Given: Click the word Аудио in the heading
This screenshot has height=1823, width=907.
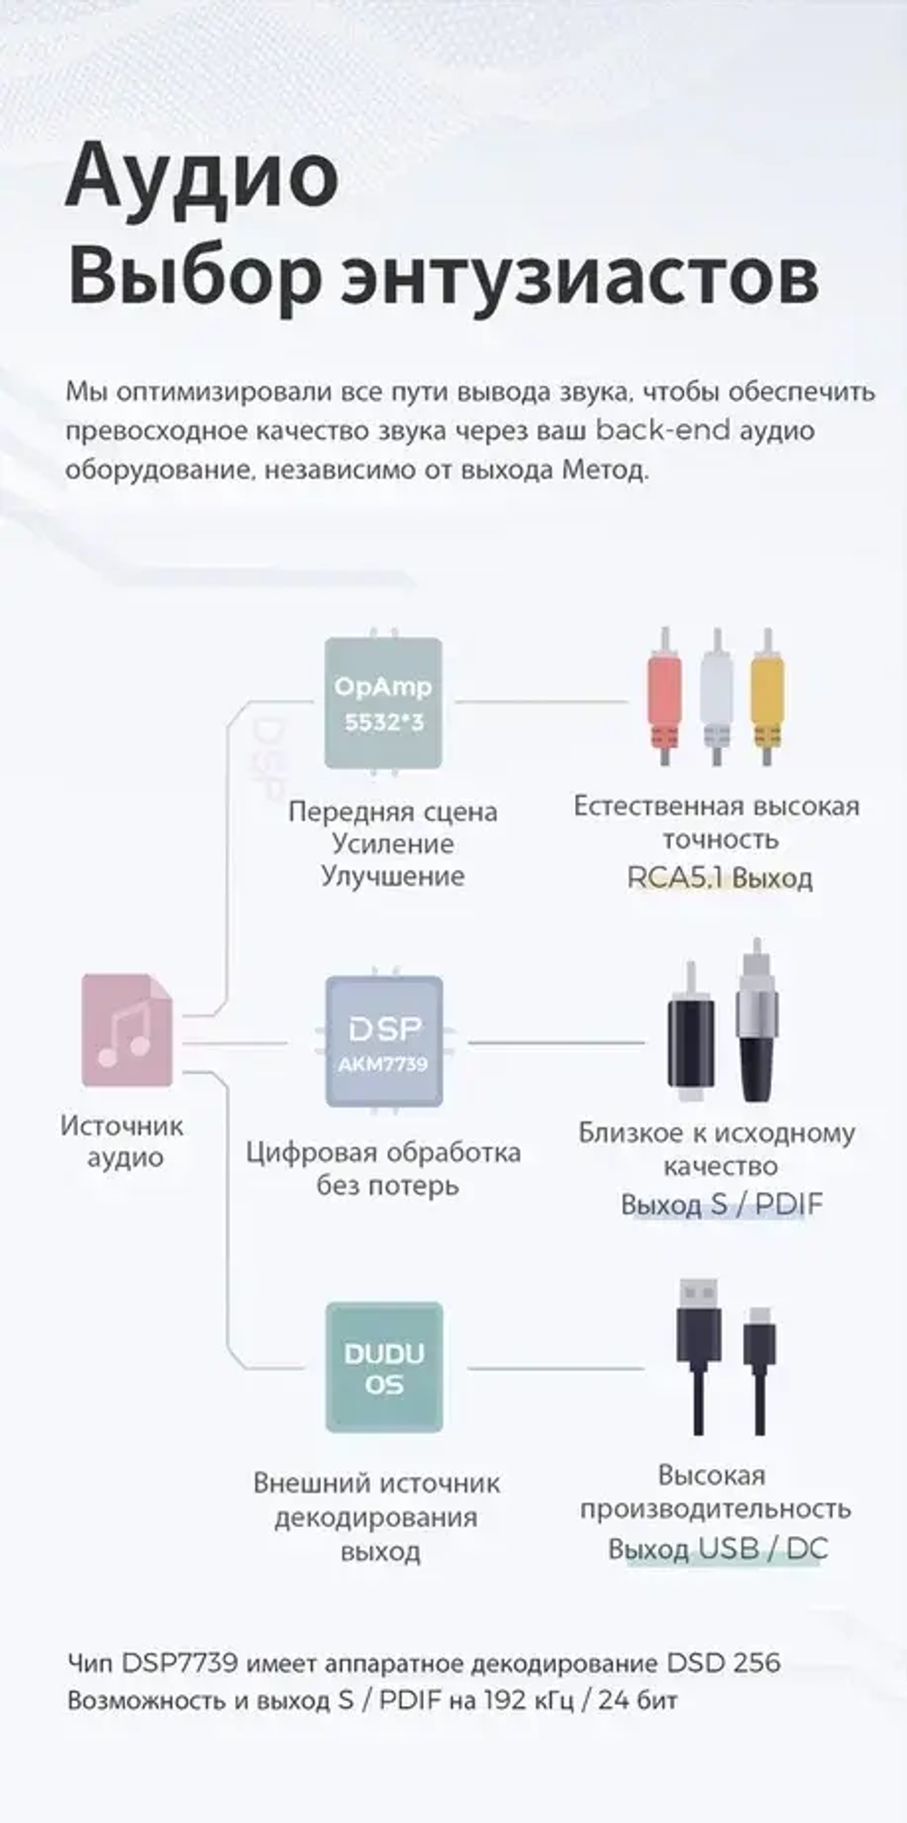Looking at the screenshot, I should [x=201, y=177].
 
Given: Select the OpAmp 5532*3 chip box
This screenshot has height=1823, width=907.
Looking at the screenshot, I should [x=384, y=703].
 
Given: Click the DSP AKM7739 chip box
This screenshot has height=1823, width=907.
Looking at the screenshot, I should [x=384, y=1042].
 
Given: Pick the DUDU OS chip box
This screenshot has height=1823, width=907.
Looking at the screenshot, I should [x=384, y=1367].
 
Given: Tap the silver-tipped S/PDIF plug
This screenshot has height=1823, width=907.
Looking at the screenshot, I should [x=756, y=1025].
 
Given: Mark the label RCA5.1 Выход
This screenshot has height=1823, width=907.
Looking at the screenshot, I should [x=719, y=878].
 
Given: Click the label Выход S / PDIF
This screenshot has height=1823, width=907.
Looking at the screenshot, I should [x=721, y=1205].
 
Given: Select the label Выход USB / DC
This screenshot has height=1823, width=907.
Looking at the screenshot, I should [x=717, y=1549].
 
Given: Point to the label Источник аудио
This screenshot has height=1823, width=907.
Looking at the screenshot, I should [x=122, y=1142].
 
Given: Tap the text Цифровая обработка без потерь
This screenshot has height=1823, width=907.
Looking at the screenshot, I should [x=384, y=1169].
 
